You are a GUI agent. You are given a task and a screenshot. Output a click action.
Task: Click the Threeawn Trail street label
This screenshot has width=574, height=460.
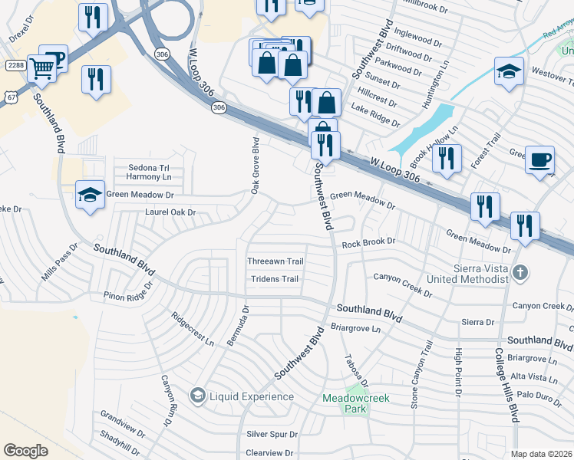coord(275,261)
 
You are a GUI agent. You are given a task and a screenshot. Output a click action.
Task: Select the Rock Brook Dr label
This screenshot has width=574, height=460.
coord(368,242)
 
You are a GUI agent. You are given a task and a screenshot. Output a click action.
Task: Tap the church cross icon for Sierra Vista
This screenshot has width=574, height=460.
coord(520,272)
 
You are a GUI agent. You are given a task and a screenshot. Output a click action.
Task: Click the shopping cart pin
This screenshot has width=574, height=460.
coord(42,68)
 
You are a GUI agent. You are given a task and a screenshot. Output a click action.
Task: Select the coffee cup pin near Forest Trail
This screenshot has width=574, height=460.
coord(540,159)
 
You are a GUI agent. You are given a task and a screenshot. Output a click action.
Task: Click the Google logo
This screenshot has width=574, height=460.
coord(25,451)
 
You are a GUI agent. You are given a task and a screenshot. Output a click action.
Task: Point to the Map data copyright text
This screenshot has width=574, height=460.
coord(542,454)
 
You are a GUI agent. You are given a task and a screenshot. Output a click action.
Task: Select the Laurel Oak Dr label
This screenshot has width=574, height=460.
coord(170,212)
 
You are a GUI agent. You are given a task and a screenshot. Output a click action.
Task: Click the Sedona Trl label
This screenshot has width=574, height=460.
coord(147,167)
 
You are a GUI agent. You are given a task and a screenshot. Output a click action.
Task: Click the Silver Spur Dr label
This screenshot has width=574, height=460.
coord(272,434)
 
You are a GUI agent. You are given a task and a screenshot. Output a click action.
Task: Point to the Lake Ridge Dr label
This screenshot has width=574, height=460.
coord(374,116)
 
